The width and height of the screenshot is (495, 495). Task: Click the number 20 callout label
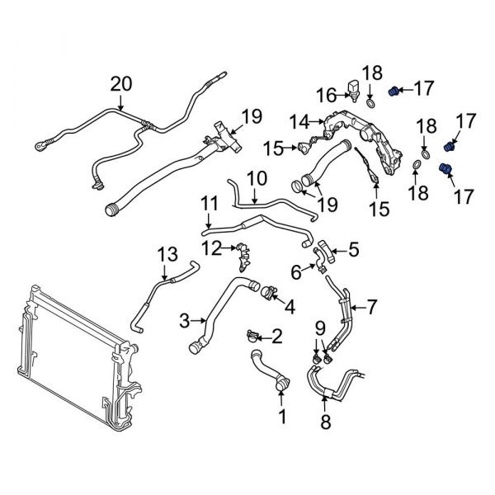click(121, 82)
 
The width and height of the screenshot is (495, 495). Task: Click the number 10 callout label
click(257, 177)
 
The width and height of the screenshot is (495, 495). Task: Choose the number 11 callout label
click(210, 200)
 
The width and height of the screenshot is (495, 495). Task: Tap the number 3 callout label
click(185, 317)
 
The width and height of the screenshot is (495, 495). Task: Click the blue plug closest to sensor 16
click(394, 90)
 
